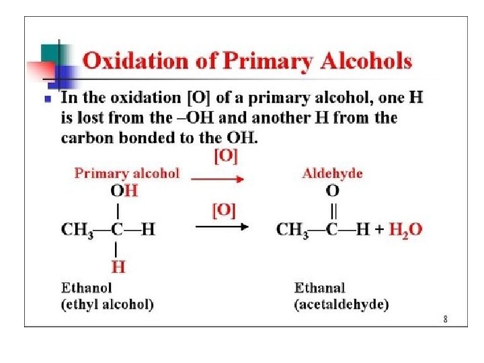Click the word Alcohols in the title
click(x=367, y=61)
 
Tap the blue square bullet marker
click(x=46, y=98)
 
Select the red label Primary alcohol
click(x=127, y=173)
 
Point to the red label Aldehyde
click(x=332, y=173)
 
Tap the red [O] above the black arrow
click(x=224, y=210)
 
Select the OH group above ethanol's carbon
click(x=124, y=191)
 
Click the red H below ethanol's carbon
click(x=118, y=267)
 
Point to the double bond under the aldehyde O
click(x=332, y=210)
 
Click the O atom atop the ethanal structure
click(x=332, y=191)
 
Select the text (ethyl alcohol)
click(x=108, y=305)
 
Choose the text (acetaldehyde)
click(x=341, y=305)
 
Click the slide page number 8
click(x=445, y=320)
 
